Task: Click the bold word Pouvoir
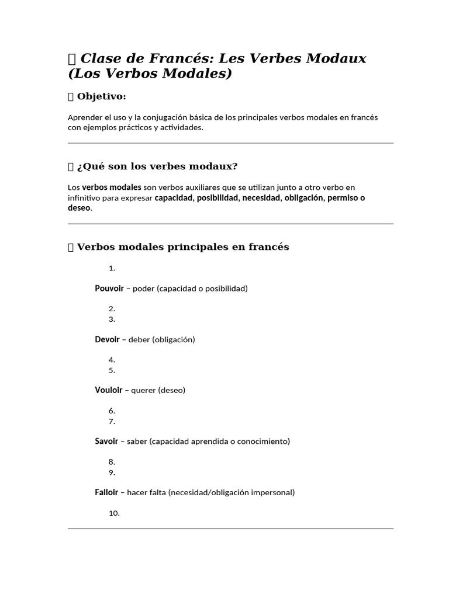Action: click(x=109, y=288)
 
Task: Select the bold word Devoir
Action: click(x=107, y=339)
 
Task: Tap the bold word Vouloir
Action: click(x=109, y=390)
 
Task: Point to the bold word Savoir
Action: click(x=106, y=441)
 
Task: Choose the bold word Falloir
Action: click(x=106, y=492)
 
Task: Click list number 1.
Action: click(x=112, y=268)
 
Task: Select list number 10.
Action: click(x=114, y=513)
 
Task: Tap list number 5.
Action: click(x=112, y=370)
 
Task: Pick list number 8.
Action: click(x=112, y=461)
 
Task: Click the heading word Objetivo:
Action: click(x=102, y=96)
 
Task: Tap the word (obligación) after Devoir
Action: click(x=174, y=339)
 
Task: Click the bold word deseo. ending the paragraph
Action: click(x=80, y=208)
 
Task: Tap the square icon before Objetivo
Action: click(x=71, y=96)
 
